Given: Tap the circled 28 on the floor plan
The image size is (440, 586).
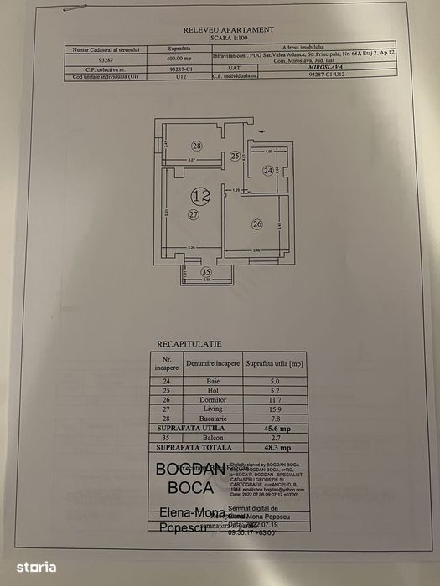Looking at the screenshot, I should point(196,146).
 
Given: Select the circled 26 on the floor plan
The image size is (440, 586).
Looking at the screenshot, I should point(257,224).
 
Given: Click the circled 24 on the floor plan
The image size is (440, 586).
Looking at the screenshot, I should point(268,171).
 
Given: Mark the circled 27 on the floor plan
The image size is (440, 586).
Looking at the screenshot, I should point(194,215).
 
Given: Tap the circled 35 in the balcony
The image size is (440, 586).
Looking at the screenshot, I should point(206,271).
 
